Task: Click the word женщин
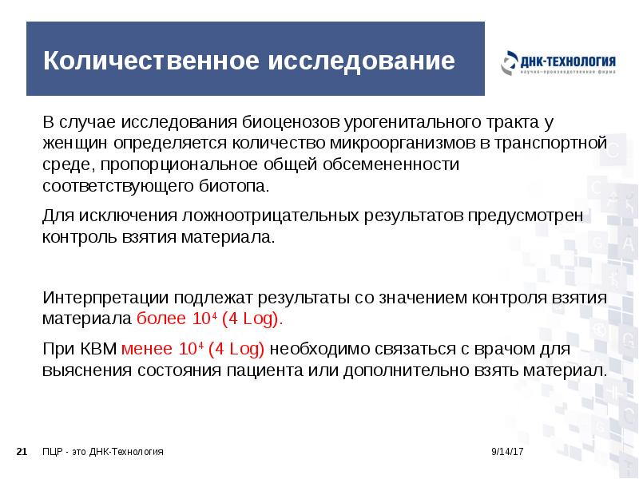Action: click(72, 144)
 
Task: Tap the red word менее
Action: click(149, 350)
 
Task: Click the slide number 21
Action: click(22, 452)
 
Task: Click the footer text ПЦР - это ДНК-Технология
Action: click(103, 452)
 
